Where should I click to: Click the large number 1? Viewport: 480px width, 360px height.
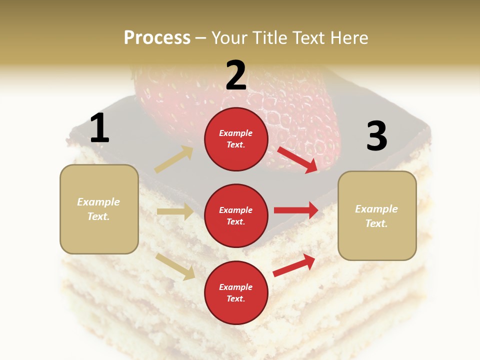point(99,128)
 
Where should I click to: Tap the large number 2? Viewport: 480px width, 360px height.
point(236,75)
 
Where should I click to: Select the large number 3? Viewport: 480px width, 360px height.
point(376,136)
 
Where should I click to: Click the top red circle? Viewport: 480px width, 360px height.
point(236,139)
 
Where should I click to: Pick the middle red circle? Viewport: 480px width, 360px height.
point(236,215)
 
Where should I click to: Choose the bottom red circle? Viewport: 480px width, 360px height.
point(236,292)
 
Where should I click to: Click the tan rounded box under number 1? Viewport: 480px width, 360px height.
point(99,209)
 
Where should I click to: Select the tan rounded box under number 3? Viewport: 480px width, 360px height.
point(377,215)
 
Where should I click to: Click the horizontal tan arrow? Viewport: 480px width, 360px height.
point(175,211)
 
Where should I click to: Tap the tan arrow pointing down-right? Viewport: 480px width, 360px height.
point(175,266)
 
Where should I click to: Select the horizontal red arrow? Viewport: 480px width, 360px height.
point(296,210)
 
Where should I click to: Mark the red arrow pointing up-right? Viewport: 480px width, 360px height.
point(294,265)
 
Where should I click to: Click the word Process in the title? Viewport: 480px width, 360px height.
point(157,37)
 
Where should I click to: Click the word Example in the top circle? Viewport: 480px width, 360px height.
point(236,133)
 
